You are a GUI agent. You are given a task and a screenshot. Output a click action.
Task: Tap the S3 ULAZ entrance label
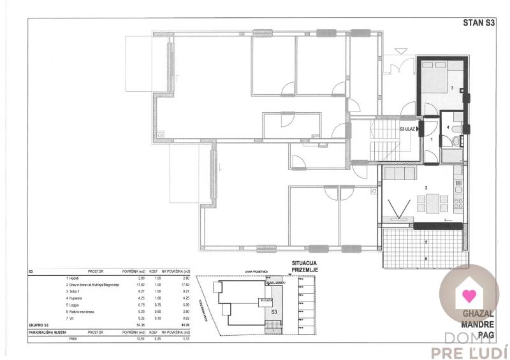[x=407, y=129]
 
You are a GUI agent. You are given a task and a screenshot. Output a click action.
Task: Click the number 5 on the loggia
[x=426, y=242]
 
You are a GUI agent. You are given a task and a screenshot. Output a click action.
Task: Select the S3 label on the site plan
[x=274, y=313]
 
